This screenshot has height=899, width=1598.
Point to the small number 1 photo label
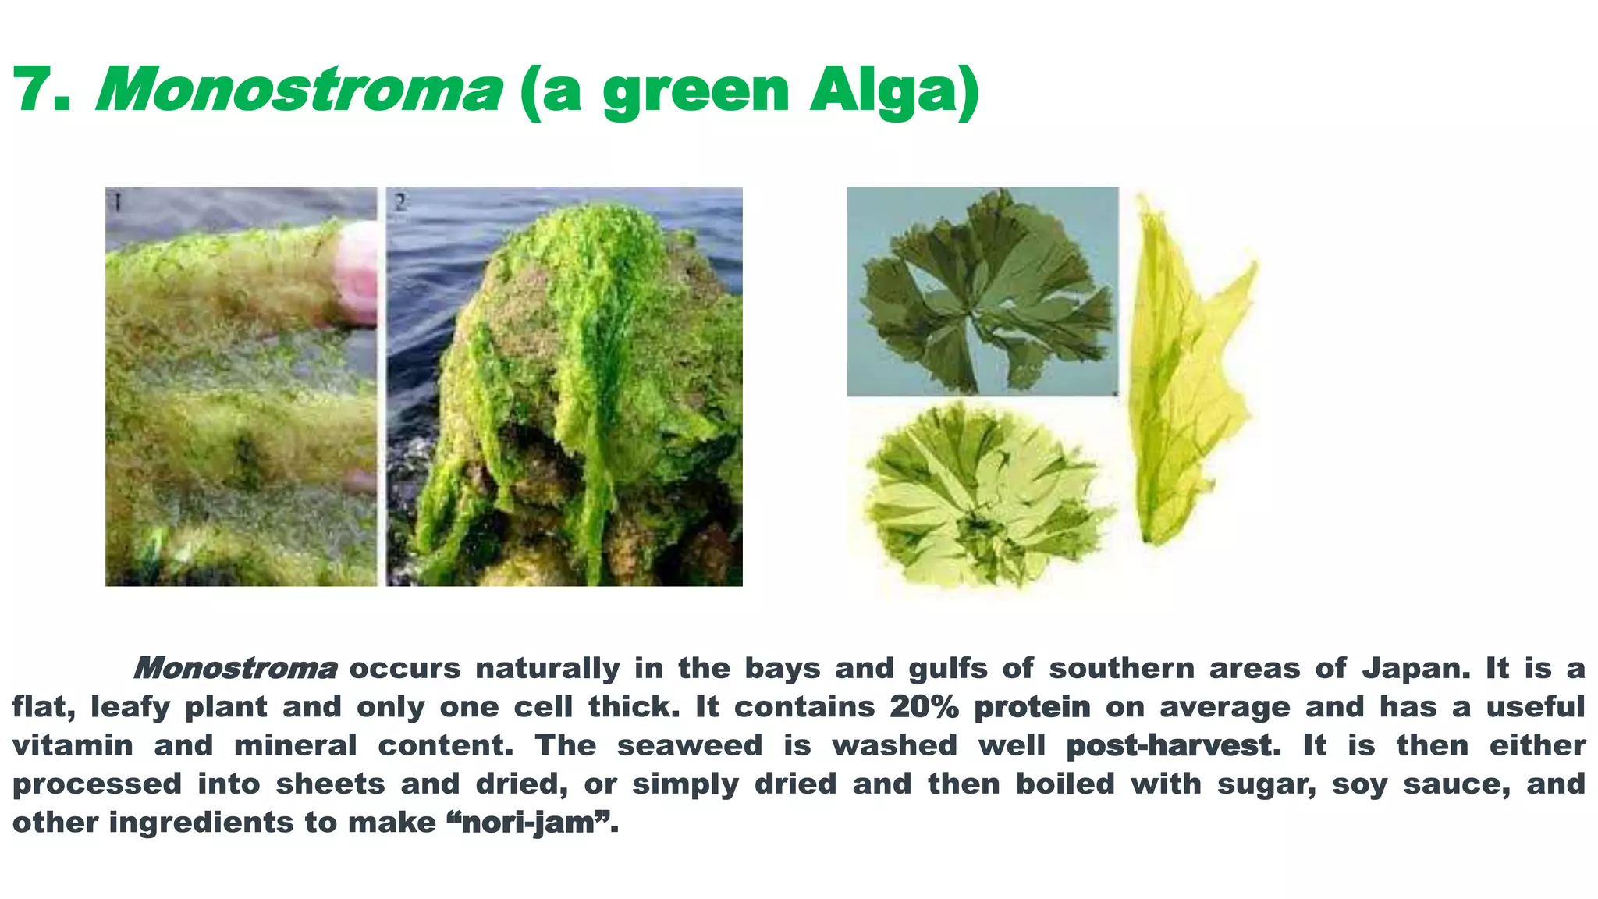pos(116,203)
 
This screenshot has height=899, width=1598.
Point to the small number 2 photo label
pos(400,203)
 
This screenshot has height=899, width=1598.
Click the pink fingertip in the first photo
pos(357,273)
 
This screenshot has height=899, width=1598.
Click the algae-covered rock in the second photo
pos(577,390)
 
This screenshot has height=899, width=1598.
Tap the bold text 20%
pos(924,707)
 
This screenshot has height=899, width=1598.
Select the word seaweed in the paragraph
pos(690,746)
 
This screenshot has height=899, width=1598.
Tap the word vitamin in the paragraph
pos(73,746)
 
